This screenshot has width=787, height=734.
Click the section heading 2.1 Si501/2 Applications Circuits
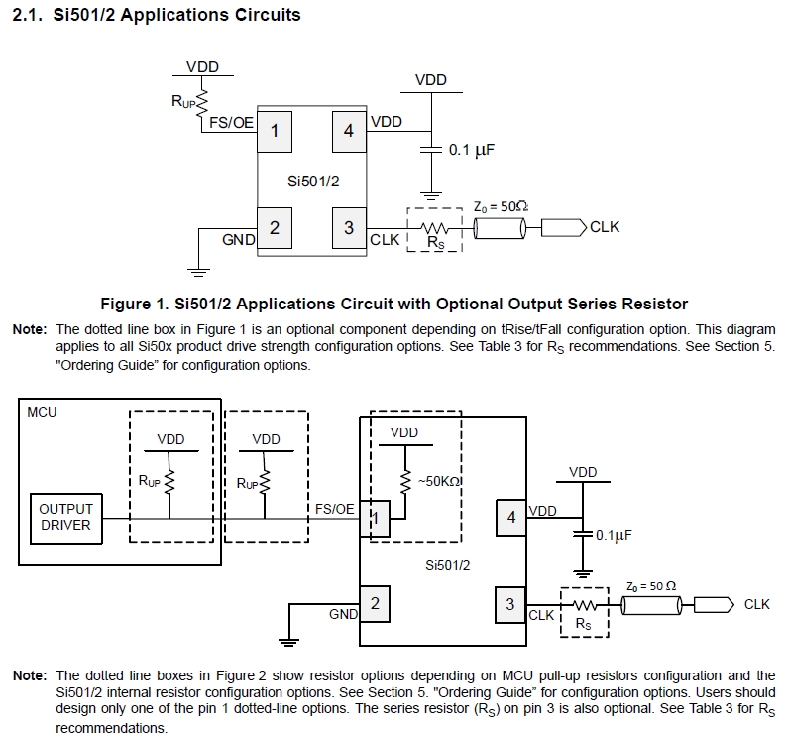(x=155, y=15)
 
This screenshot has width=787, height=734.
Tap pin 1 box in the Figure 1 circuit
(x=275, y=128)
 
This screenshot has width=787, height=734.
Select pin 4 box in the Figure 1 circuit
(x=349, y=128)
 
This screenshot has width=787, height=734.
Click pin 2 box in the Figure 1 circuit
(x=275, y=228)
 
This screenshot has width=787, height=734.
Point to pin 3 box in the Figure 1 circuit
(x=349, y=228)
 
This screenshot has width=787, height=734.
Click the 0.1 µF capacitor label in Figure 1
(x=472, y=150)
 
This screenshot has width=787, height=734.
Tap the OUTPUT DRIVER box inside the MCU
(x=65, y=517)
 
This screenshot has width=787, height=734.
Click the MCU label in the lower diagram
(x=43, y=411)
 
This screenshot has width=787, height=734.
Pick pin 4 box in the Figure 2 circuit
(x=511, y=517)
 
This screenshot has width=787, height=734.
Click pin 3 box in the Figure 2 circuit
(x=510, y=603)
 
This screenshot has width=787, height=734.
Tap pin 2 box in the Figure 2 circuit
(x=375, y=602)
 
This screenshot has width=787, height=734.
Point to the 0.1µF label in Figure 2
(x=615, y=535)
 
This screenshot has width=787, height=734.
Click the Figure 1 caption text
(x=393, y=303)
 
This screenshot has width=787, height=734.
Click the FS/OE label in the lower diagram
(x=335, y=508)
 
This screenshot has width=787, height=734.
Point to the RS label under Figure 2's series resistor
(x=583, y=626)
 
